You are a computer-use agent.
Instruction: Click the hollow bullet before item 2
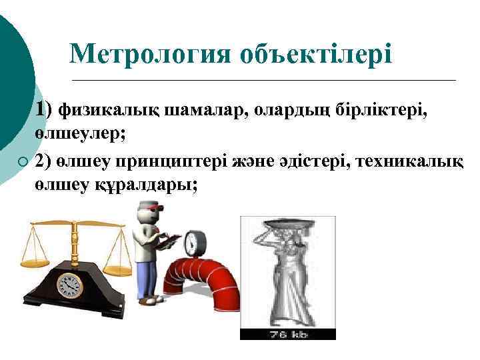23,162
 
